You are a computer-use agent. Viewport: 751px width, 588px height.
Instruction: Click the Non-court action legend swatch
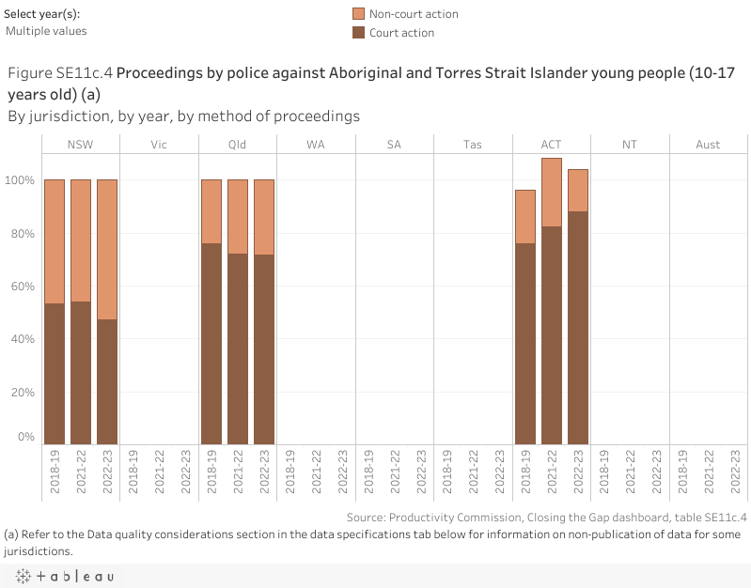click(358, 14)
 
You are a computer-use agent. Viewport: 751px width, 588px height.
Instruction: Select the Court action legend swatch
click(358, 33)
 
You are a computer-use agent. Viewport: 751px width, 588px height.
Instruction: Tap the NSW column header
click(81, 144)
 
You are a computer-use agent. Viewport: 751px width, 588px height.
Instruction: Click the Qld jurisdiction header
click(238, 144)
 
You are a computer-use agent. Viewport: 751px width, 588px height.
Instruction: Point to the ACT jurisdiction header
click(551, 144)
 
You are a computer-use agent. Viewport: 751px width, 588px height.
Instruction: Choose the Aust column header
click(708, 144)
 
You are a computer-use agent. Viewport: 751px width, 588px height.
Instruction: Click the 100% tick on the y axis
click(23, 180)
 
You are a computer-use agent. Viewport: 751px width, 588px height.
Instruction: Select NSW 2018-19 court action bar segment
click(55, 374)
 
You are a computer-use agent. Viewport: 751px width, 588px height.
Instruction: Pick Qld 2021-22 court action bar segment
click(238, 348)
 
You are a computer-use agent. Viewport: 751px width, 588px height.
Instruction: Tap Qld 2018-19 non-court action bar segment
click(211, 211)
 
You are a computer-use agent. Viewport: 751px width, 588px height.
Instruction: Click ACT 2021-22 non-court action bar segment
click(551, 193)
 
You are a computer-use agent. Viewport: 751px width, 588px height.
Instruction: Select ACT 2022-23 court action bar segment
click(577, 328)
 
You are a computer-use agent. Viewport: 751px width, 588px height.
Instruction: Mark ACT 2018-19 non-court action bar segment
click(524, 217)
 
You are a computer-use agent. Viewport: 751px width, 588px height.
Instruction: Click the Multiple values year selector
click(47, 31)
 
